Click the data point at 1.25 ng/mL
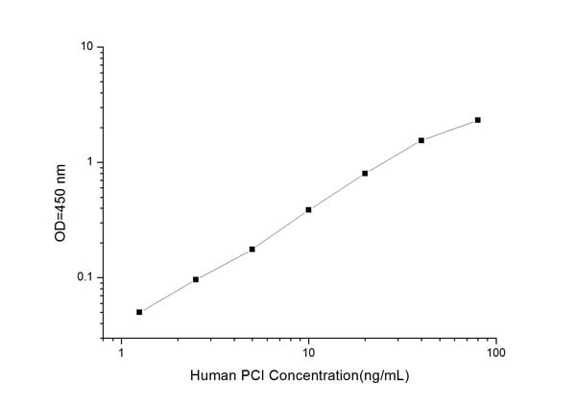coord(139,312)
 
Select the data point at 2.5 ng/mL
coord(196,279)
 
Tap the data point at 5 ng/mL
coord(252,249)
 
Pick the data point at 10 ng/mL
coord(308,209)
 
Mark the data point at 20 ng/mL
coord(365,173)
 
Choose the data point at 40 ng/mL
coord(421,140)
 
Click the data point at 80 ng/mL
coord(477,120)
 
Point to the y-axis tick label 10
coord(86,47)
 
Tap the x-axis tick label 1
coord(121,354)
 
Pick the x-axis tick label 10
coord(308,354)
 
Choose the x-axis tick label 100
coord(495,354)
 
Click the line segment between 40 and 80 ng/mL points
coord(449,130)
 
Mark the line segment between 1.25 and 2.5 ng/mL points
coord(168,296)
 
